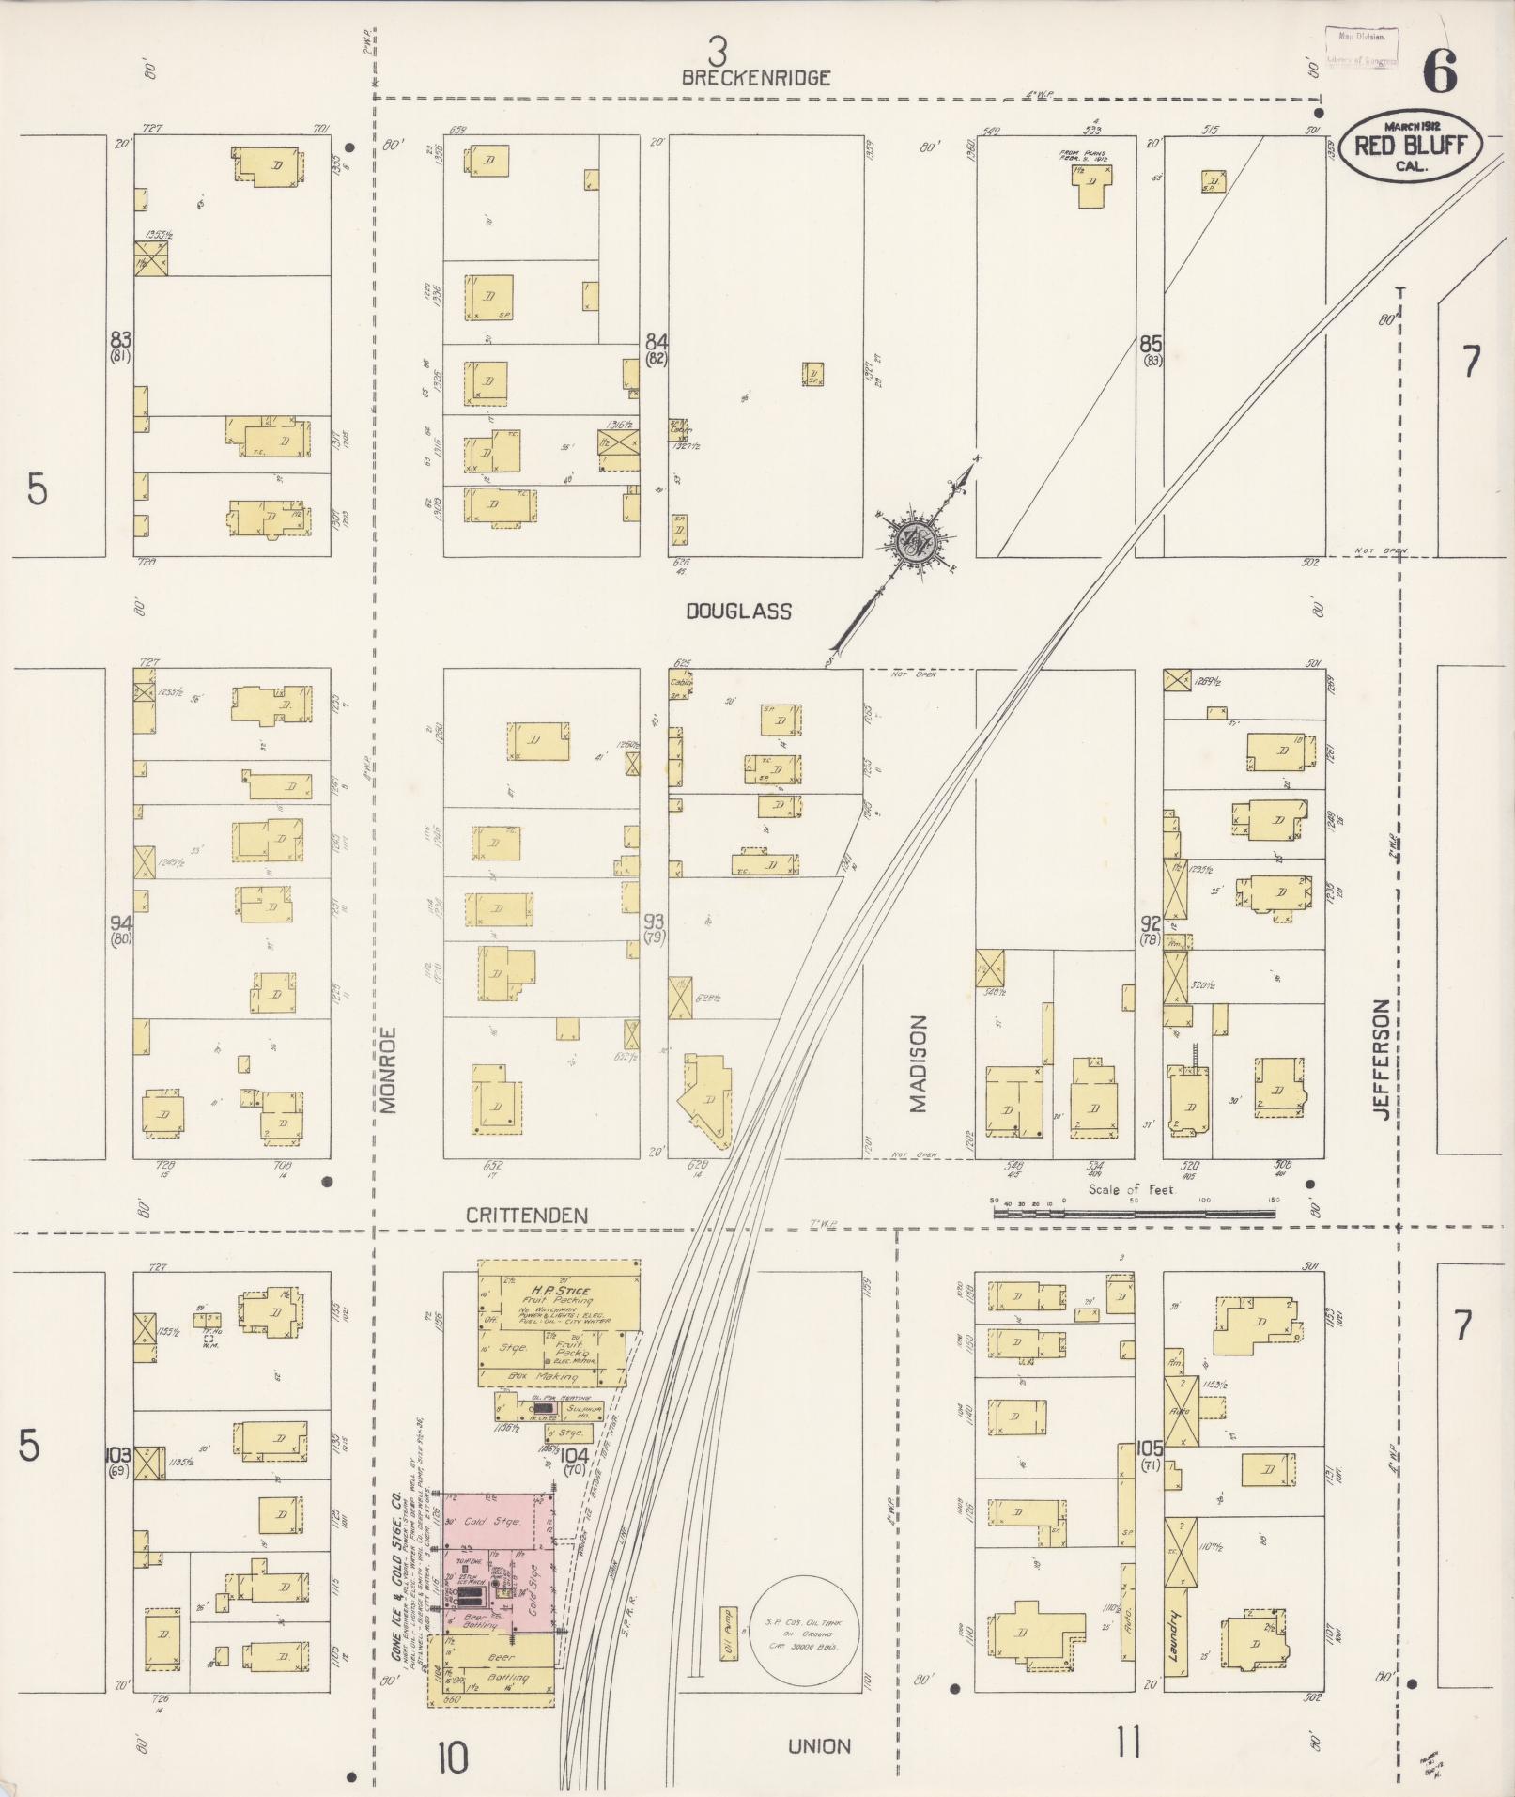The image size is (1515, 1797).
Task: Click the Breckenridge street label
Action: [x=756, y=79]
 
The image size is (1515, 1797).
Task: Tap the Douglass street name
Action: [x=738, y=612]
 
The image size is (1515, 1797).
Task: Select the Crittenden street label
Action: [x=527, y=1216]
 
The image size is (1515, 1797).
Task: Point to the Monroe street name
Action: [x=390, y=1070]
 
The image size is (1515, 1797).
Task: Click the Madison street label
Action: [x=918, y=1063]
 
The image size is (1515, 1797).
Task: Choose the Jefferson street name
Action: [x=1380, y=1059]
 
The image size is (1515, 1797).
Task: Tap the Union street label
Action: [x=819, y=1746]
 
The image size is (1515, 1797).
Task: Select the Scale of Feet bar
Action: [x=1134, y=1214]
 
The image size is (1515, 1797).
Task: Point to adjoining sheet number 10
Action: [x=452, y=1758]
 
